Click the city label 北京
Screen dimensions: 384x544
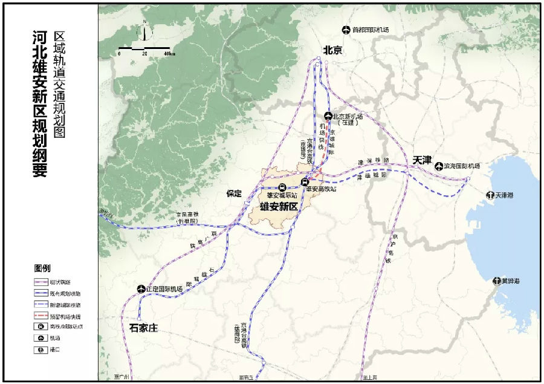(x=332, y=51)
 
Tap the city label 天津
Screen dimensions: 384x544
(x=422, y=160)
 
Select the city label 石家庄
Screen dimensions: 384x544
(x=143, y=328)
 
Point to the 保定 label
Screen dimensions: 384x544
(x=234, y=194)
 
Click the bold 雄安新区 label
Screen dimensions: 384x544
(x=279, y=207)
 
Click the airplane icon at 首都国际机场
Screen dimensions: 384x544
(x=346, y=30)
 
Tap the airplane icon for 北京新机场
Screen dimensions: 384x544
(x=328, y=116)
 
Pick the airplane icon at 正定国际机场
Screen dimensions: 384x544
(x=141, y=288)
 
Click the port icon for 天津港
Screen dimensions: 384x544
(x=489, y=195)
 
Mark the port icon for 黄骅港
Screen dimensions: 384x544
(x=496, y=281)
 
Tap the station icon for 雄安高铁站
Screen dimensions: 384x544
(x=305, y=181)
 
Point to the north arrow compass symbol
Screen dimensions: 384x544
(x=144, y=30)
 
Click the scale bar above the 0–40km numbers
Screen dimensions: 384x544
(x=144, y=47)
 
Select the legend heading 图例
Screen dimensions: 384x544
(x=42, y=268)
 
